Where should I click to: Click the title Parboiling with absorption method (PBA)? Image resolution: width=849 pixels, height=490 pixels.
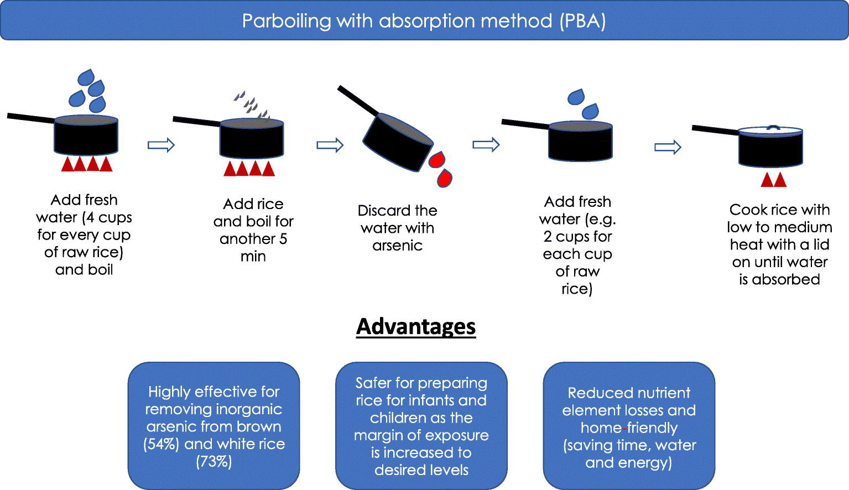[424, 21]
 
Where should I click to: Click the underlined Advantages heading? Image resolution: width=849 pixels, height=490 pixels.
[416, 326]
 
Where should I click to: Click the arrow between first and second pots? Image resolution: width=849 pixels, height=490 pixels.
[161, 145]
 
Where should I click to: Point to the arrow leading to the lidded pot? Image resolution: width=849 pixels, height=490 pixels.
[668, 147]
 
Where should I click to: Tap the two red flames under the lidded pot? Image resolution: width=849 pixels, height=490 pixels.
[773, 179]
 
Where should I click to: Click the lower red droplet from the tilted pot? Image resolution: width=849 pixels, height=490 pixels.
[444, 179]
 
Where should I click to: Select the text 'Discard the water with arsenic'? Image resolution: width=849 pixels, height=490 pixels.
[397, 228]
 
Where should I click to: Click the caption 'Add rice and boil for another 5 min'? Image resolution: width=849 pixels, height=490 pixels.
[253, 230]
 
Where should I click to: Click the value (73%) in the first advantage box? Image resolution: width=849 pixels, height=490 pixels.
[213, 461]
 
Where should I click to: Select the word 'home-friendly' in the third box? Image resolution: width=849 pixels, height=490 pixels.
[629, 428]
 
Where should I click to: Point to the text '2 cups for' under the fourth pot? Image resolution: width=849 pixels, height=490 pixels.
[577, 237]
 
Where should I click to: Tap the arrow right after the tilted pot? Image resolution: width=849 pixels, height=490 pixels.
[486, 145]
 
